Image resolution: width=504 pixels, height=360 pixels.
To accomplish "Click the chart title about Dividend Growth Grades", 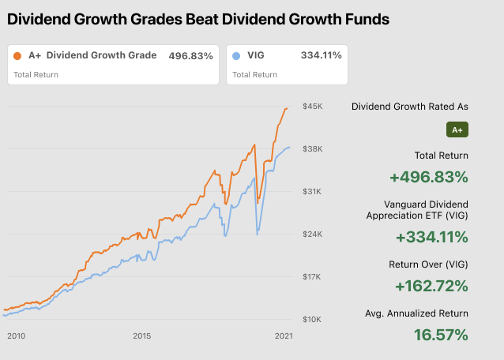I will [198, 18].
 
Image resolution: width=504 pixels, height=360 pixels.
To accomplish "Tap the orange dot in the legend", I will [18, 56].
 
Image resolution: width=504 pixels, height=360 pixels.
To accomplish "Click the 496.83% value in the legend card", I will [190, 56].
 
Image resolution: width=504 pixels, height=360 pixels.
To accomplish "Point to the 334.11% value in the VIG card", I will [321, 56].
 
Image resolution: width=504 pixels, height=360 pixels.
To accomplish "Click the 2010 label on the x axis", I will [17, 336].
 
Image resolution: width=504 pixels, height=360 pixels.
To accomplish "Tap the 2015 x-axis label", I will [141, 336].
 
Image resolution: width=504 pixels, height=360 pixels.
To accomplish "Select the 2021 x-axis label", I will [283, 336].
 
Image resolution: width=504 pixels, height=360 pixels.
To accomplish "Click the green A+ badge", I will [457, 129].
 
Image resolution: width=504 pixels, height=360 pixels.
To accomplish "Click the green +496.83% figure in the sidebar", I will [429, 177].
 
